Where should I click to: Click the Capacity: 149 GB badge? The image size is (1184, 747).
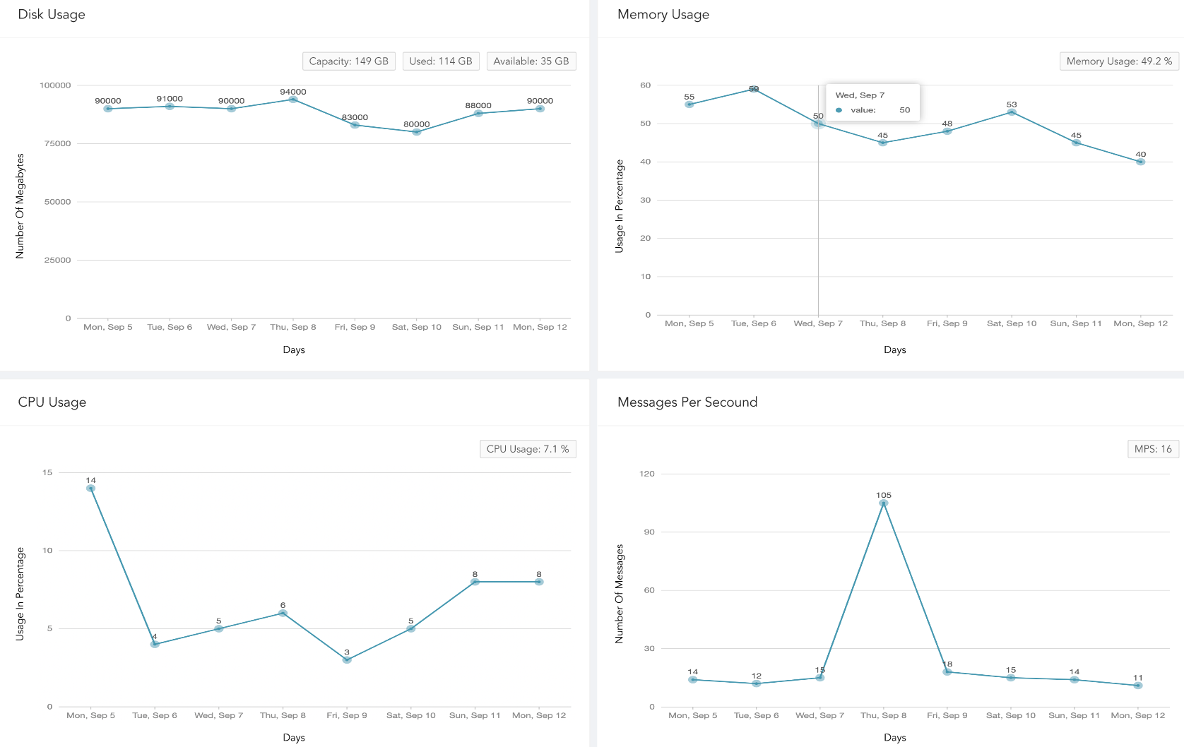point(349,61)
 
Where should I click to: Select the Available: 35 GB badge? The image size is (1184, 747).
point(531,61)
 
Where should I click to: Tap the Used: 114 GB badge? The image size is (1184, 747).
point(441,61)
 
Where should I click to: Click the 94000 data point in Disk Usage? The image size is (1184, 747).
point(293,100)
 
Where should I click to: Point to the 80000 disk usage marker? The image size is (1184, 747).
point(417,132)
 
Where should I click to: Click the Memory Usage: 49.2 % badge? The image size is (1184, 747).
point(1119,61)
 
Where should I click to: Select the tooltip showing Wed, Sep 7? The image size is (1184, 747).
point(872,102)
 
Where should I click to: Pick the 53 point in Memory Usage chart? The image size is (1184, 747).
point(1012,112)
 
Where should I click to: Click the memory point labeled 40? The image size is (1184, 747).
point(1140,162)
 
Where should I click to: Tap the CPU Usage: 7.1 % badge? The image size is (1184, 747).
point(528,449)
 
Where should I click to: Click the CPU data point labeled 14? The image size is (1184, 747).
point(90,488)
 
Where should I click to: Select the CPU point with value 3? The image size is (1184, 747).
point(347,659)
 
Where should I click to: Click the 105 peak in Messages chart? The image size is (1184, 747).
point(883,503)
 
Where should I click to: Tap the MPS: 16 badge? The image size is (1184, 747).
point(1153,449)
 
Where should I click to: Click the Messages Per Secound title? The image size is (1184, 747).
point(687,402)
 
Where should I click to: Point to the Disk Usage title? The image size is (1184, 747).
point(51,14)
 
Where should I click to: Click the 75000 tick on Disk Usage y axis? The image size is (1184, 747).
point(57,143)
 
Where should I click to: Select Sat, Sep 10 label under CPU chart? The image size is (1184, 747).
point(410,715)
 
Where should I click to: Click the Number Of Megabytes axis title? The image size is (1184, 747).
point(20,205)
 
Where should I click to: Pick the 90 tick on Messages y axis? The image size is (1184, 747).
point(649,532)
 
